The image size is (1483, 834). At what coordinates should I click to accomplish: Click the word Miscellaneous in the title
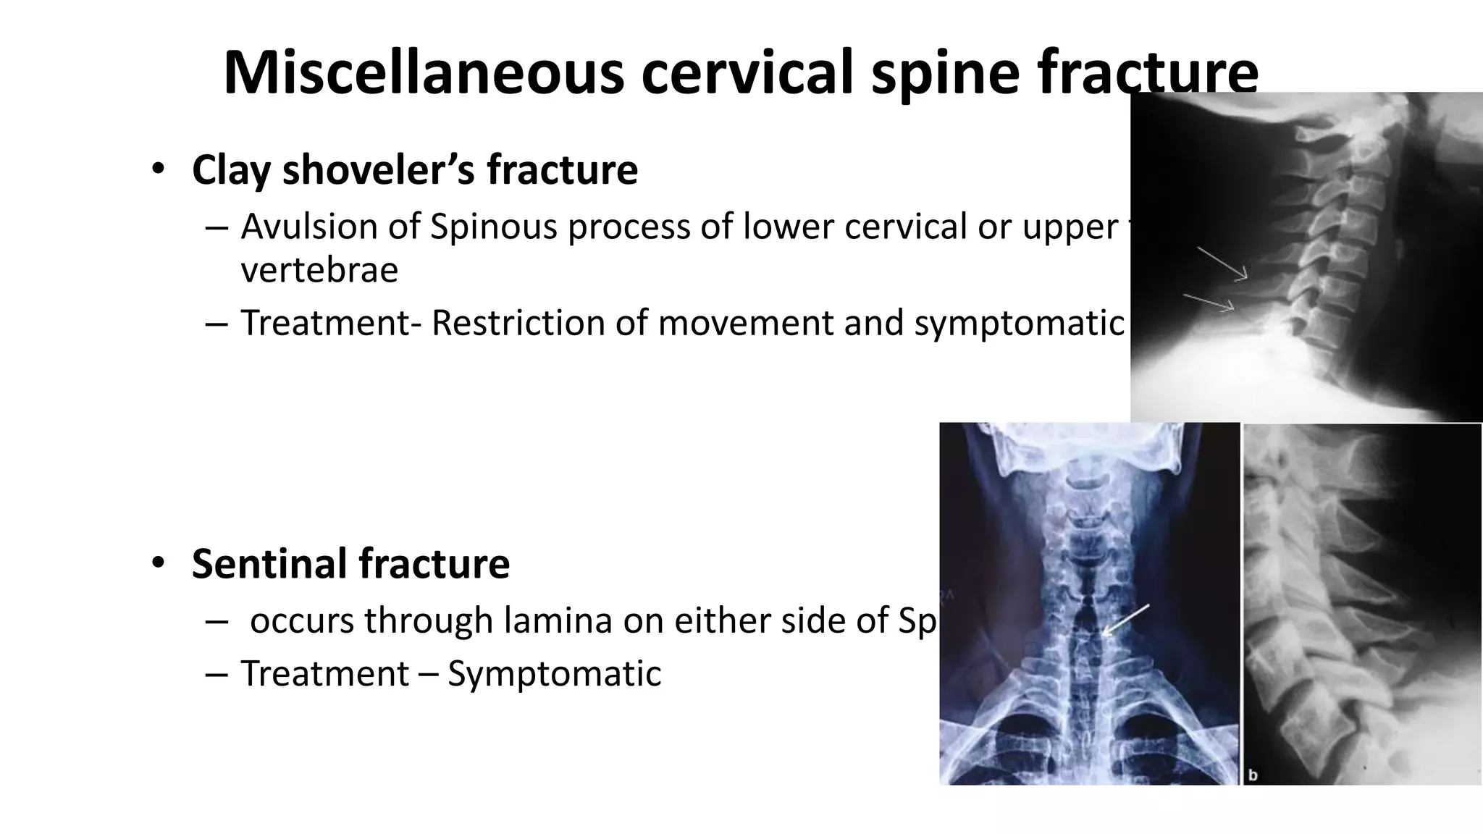[x=424, y=72]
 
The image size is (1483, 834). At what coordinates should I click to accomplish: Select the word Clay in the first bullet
[x=232, y=171]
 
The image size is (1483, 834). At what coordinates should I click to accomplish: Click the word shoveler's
[x=378, y=171]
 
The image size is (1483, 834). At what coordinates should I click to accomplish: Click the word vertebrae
[x=319, y=270]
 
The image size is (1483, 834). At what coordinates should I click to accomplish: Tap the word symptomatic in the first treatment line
[x=1019, y=323]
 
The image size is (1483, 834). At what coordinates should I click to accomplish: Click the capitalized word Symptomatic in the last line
[x=554, y=674]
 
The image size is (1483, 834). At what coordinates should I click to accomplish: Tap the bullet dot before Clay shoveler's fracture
[x=158, y=170]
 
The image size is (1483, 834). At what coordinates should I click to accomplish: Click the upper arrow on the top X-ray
[x=1222, y=263]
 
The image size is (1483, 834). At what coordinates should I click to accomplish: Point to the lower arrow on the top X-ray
[x=1209, y=303]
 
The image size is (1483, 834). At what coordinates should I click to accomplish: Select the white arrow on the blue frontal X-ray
[x=1125, y=620]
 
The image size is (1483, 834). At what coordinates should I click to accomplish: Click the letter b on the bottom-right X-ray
[x=1253, y=775]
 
